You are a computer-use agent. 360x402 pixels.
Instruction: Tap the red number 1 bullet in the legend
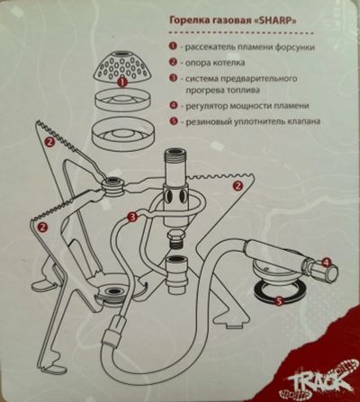pos(173,46)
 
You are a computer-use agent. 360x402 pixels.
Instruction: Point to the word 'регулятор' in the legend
pos(206,106)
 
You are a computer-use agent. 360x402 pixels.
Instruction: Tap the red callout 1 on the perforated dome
pos(122,81)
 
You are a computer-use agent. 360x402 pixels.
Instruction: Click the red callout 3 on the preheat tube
pos(132,217)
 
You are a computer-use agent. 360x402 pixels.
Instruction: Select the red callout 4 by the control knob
pos(326,263)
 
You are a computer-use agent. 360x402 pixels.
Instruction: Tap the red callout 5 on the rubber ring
pos(279,301)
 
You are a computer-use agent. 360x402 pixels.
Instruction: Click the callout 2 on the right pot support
pos(238,185)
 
